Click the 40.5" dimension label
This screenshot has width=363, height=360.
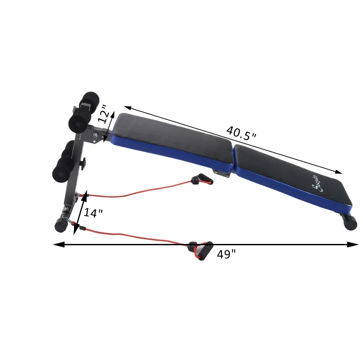click(241, 133)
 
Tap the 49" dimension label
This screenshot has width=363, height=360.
click(226, 254)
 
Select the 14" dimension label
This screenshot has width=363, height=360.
click(93, 213)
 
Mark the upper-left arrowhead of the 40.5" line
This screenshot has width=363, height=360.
click(128, 108)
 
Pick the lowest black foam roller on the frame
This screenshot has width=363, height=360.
click(61, 172)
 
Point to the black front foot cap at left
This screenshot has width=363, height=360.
click(59, 224)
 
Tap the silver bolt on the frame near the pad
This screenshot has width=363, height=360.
click(95, 135)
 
